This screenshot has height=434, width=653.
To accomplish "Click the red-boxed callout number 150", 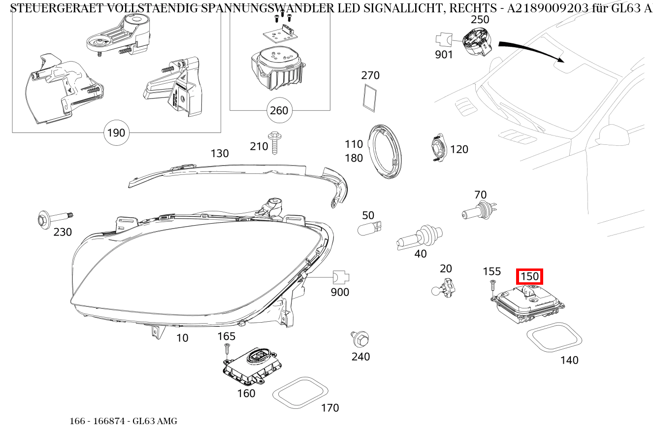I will pyautogui.click(x=529, y=276).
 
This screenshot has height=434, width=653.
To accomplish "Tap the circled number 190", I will pyautogui.click(x=116, y=133).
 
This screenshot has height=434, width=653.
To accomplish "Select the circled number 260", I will pyautogui.click(x=279, y=110).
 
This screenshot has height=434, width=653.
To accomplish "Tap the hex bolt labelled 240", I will pyautogui.click(x=361, y=338).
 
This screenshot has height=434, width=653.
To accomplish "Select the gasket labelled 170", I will pyautogui.click(x=300, y=393).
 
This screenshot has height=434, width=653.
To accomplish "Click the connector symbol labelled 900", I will pyautogui.click(x=340, y=278).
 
